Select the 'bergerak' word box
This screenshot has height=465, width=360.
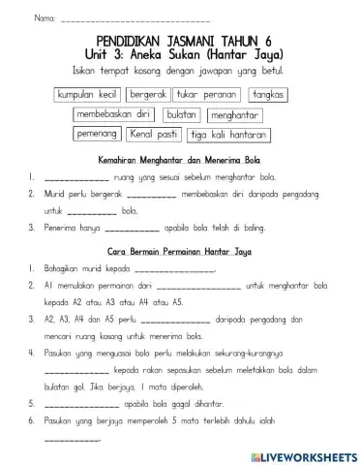pyautogui.click(x=149, y=96)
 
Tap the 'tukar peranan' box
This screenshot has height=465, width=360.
pyautogui.click(x=207, y=96)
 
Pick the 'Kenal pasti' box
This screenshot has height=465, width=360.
pyautogui.click(x=155, y=134)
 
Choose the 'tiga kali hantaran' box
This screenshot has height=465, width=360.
pyautogui.click(x=226, y=135)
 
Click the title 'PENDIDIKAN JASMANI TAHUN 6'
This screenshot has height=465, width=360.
pyautogui.click(x=181, y=42)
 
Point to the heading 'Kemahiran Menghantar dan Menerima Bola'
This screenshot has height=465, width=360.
pyautogui.click(x=180, y=159)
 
